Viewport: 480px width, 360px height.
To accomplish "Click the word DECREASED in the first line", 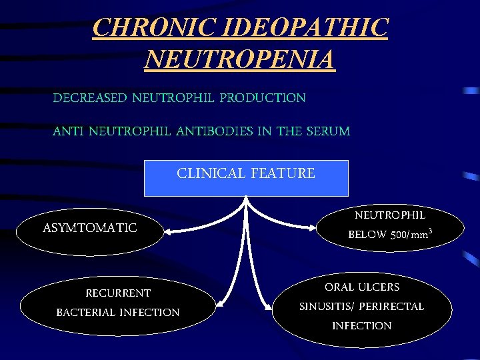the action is pyautogui.click(x=89, y=98).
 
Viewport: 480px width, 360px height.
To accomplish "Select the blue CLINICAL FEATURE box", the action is pyautogui.click(x=246, y=178).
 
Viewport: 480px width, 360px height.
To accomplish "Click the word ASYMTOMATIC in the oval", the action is pyautogui.click(x=89, y=228).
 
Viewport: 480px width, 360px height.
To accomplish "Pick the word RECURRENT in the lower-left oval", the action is pyautogui.click(x=118, y=293).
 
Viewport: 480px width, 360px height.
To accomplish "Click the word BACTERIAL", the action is pyautogui.click(x=86, y=312).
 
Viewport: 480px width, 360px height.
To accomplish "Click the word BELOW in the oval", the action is pyautogui.click(x=367, y=235).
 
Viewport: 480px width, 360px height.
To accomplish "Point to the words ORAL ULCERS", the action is pyautogui.click(x=362, y=287).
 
